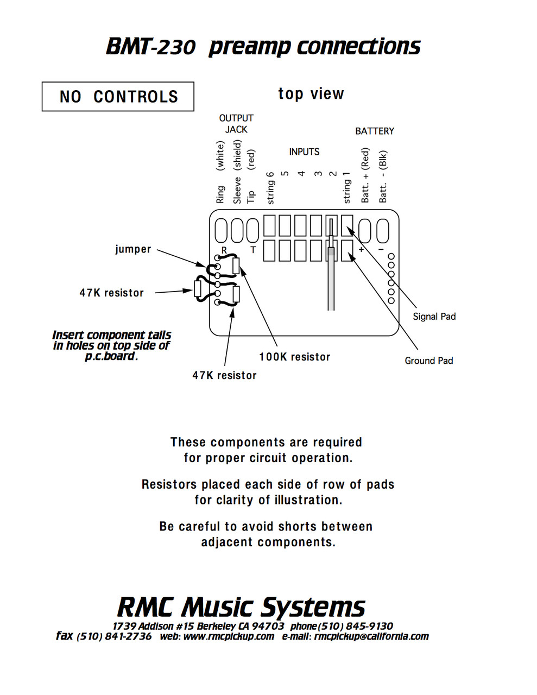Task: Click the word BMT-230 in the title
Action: pyautogui.click(x=150, y=47)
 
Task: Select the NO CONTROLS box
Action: pyautogui.click(x=118, y=97)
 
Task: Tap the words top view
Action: pyautogui.click(x=311, y=94)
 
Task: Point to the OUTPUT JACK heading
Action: pyautogui.click(x=236, y=124)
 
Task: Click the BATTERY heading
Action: pyautogui.click(x=375, y=131)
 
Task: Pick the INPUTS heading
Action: pyautogui.click(x=304, y=152)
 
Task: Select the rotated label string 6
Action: pyautogui.click(x=270, y=188)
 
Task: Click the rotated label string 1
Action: pyautogui.click(x=346, y=188)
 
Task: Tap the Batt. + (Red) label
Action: pyautogui.click(x=365, y=175)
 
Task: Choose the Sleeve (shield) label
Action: pyautogui.click(x=237, y=172)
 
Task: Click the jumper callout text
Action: pyautogui.click(x=133, y=249)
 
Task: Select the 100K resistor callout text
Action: pyautogui.click(x=294, y=357)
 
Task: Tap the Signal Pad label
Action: pyautogui.click(x=434, y=317)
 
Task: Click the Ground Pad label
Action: pyautogui.click(x=428, y=361)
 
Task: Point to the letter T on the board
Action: pyautogui.click(x=252, y=250)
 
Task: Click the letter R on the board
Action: pyautogui.click(x=224, y=250)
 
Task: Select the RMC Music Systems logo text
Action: pyautogui.click(x=241, y=607)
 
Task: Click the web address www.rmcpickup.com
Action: pyautogui.click(x=228, y=636)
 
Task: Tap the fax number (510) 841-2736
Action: pyautogui.click(x=114, y=636)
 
